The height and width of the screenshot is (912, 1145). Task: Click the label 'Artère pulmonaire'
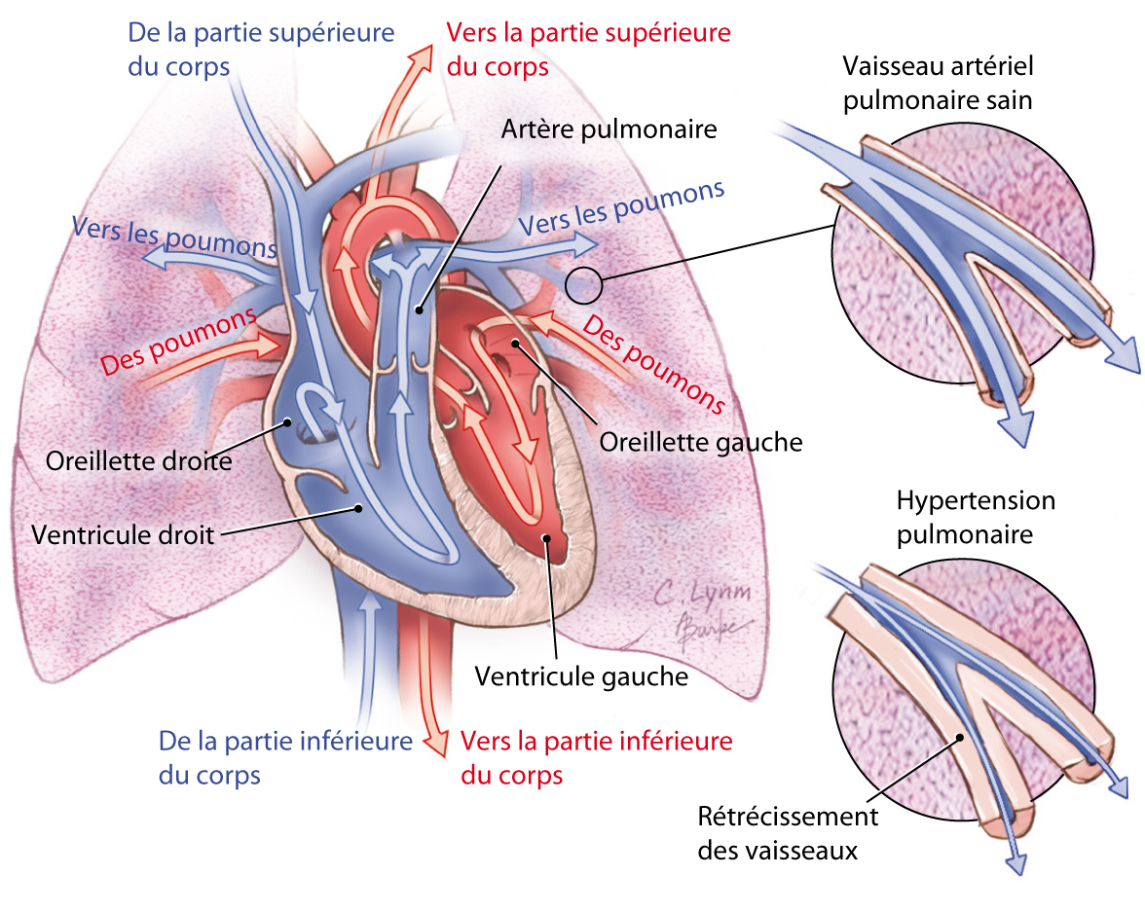click(x=609, y=129)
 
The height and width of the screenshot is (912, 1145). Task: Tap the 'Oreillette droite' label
click(x=138, y=459)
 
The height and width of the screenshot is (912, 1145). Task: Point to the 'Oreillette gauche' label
click(x=701, y=442)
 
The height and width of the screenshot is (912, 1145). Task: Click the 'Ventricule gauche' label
click(x=581, y=675)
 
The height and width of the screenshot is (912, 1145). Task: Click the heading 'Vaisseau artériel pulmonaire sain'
click(x=939, y=84)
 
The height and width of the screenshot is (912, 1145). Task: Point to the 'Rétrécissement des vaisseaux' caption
click(x=788, y=832)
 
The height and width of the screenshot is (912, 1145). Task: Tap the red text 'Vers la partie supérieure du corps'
click(x=588, y=49)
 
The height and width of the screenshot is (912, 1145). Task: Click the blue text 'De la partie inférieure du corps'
click(x=285, y=757)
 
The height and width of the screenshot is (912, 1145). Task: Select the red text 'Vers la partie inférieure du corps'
click(x=596, y=757)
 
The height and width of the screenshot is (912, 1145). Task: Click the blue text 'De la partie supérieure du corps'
click(x=261, y=49)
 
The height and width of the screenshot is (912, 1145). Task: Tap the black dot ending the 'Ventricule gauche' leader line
click(x=547, y=537)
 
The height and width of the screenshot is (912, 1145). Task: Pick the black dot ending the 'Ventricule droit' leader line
click(x=360, y=507)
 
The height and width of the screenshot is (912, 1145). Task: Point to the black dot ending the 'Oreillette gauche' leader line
click(x=514, y=344)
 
